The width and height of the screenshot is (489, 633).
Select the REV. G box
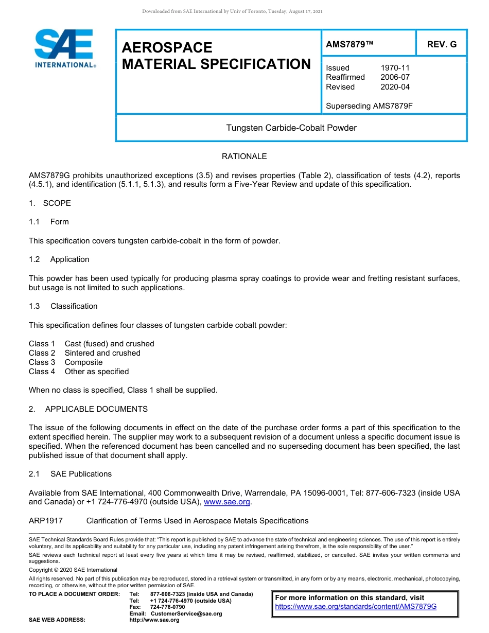click(x=441, y=45)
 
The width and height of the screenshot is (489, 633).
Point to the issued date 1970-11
click(x=395, y=68)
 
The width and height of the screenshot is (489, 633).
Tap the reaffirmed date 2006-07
click(x=395, y=77)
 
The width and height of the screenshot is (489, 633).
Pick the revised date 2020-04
click(x=395, y=87)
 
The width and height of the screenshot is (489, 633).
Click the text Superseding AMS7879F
click(x=370, y=106)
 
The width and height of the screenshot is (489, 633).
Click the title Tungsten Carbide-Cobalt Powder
click(x=291, y=128)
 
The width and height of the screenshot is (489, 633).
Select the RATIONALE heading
click(x=244, y=156)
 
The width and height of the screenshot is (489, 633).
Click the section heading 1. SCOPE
click(x=50, y=203)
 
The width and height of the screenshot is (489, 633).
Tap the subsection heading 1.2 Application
click(x=59, y=259)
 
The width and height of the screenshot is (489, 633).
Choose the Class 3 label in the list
click(x=42, y=362)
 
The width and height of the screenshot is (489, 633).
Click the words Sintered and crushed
click(x=102, y=353)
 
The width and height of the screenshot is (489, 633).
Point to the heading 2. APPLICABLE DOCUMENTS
click(x=88, y=409)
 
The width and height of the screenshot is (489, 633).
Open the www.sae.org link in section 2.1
click(x=227, y=502)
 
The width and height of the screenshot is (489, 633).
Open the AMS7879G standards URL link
click(x=356, y=607)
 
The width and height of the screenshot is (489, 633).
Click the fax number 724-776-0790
click(x=167, y=607)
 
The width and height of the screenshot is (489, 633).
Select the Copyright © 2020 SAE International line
click(x=73, y=570)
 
